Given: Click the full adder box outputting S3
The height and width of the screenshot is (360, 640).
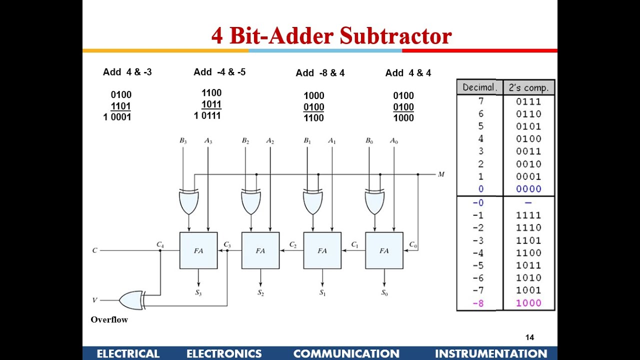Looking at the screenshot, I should pyautogui.click(x=198, y=250).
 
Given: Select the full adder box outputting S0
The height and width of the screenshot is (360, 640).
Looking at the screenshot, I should pyautogui.click(x=384, y=250).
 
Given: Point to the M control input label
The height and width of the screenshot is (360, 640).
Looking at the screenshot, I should pyautogui.click(x=441, y=174).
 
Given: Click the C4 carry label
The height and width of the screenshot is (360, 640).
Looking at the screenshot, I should pyautogui.click(x=160, y=244).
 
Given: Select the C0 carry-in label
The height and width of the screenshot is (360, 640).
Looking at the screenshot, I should pyautogui.click(x=413, y=244).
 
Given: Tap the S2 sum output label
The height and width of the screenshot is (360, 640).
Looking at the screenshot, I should pyautogui.click(x=260, y=292).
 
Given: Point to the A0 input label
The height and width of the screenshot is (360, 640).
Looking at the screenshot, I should pyautogui.click(x=394, y=141).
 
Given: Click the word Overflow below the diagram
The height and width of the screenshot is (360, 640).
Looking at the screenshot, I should pyautogui.click(x=109, y=320).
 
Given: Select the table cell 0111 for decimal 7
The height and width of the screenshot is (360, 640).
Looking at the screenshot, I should pyautogui.click(x=528, y=101).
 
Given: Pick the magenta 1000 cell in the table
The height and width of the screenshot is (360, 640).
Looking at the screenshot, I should pyautogui.click(x=528, y=303).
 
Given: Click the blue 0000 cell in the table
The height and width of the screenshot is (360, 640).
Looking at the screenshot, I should pyautogui.click(x=528, y=189).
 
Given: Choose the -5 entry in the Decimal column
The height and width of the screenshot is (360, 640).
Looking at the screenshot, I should pyautogui.click(x=478, y=265).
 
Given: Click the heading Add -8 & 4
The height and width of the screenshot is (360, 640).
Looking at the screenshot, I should pyautogui.click(x=320, y=73).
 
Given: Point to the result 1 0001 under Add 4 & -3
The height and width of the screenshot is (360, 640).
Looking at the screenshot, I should pyautogui.click(x=117, y=117).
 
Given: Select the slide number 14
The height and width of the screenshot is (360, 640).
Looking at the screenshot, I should pyautogui.click(x=529, y=337).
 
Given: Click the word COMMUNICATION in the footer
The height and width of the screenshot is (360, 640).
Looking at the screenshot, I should pyautogui.click(x=346, y=354).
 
